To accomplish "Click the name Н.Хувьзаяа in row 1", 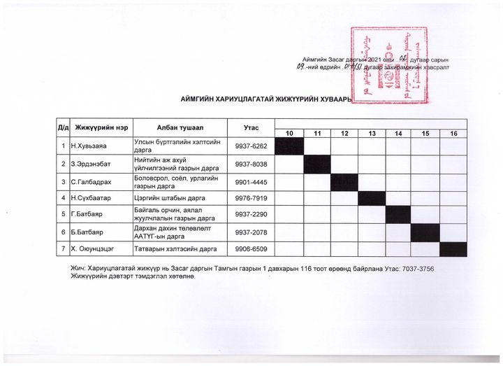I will pyautogui.click(x=91, y=146).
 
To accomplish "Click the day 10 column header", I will pyautogui.click(x=289, y=134).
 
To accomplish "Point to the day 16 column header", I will pyautogui.click(x=453, y=134).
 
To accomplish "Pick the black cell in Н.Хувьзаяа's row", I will pyautogui.click(x=289, y=146).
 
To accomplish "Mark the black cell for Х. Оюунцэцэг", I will pyautogui.click(x=453, y=249).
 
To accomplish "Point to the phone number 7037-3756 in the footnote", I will pyautogui.click(x=424, y=269).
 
